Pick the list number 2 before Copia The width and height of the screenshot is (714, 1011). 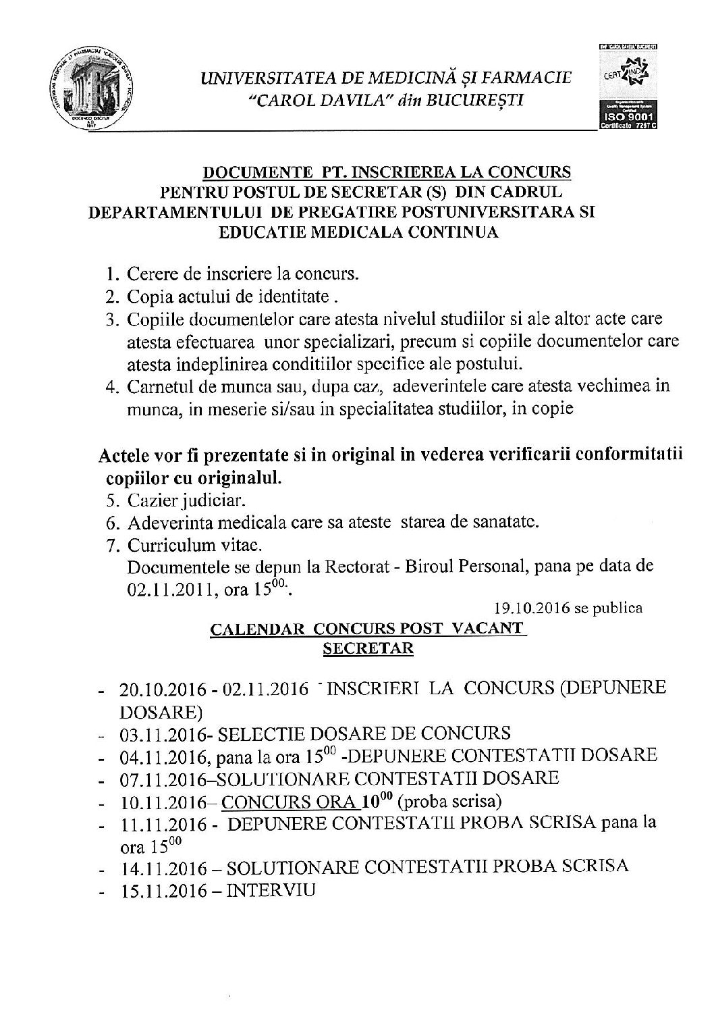click(111, 296)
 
